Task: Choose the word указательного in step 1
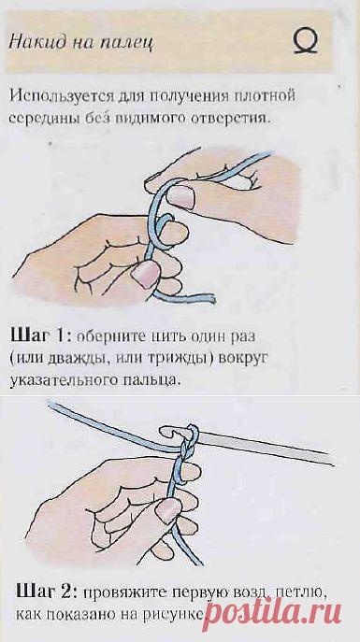(65, 381)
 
